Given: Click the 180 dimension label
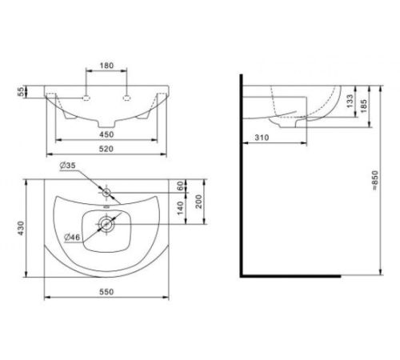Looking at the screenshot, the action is (106, 66).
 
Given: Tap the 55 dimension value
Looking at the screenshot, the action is (21, 92).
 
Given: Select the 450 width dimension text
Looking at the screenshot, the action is (106, 134).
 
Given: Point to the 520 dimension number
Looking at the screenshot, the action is (106, 149).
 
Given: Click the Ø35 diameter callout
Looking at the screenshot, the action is (68, 166).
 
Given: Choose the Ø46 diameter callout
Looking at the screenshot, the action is (72, 237).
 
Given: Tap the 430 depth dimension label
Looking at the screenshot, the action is (21, 228).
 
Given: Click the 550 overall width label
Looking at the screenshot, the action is (106, 292).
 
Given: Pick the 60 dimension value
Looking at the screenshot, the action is (180, 186).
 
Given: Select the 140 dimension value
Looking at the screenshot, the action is (180, 208).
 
